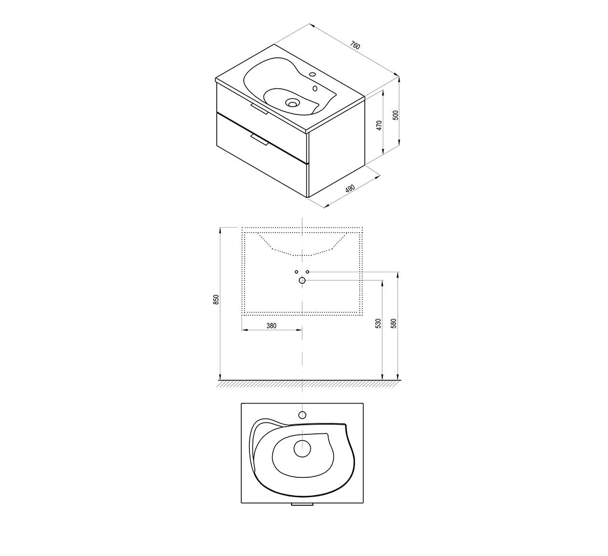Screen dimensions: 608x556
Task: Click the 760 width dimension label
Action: [x=355, y=45]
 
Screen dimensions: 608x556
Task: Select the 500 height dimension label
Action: [x=396, y=115]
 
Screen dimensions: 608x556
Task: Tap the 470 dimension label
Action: [x=379, y=125]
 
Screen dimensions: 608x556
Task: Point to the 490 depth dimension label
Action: [x=350, y=188]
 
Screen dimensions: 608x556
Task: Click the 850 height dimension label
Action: [x=216, y=300]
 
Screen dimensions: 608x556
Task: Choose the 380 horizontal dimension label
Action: [x=271, y=326]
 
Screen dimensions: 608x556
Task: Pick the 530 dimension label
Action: [x=378, y=323]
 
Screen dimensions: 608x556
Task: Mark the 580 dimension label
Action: [x=394, y=323]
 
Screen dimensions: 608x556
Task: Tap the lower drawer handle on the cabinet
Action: [x=260, y=140]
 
